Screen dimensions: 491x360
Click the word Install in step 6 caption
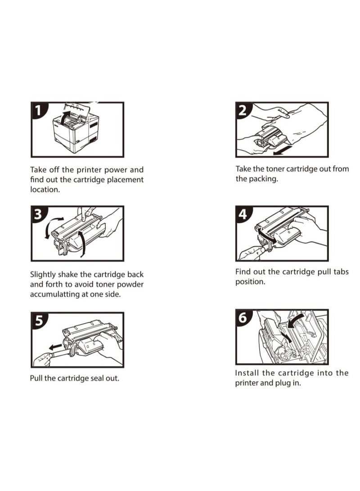247,373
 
